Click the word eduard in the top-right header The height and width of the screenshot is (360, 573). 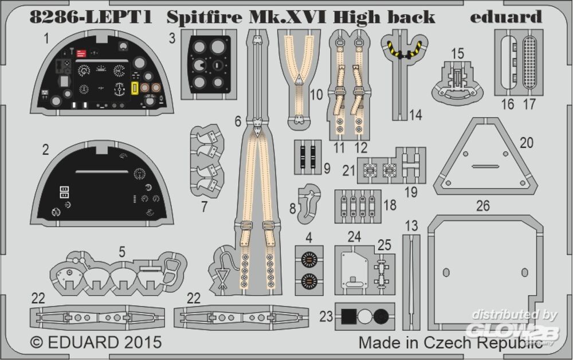pyautogui.click(x=505, y=17)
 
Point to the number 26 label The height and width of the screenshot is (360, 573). pyautogui.click(x=482, y=206)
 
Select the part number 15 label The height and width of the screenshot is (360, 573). pyautogui.click(x=457, y=53)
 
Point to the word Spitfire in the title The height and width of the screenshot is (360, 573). pyautogui.click(x=199, y=17)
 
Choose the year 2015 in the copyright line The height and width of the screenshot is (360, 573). pyautogui.click(x=140, y=343)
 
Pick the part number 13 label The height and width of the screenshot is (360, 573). pyautogui.click(x=411, y=226)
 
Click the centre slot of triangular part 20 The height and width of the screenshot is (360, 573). pyautogui.click(x=484, y=167)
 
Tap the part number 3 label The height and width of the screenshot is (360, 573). pyautogui.click(x=172, y=39)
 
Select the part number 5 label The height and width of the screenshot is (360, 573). pyautogui.click(x=121, y=251)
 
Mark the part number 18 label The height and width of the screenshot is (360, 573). pyautogui.click(x=390, y=204)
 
